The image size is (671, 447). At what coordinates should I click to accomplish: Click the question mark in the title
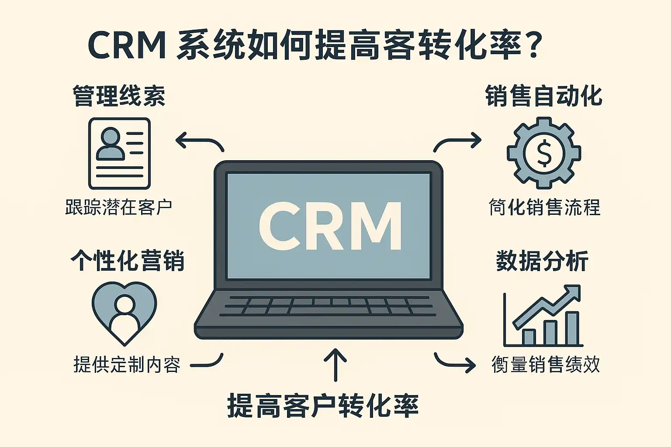click(x=532, y=46)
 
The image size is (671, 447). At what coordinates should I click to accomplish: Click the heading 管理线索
click(x=119, y=96)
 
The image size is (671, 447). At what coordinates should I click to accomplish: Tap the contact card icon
click(x=119, y=153)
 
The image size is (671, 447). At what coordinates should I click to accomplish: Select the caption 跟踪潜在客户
click(x=118, y=207)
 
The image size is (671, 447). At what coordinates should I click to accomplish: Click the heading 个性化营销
click(x=127, y=261)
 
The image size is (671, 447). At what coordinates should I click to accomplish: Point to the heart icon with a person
click(x=124, y=312)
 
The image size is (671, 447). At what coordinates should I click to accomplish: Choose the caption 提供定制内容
click(x=127, y=364)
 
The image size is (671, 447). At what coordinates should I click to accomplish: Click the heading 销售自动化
click(x=544, y=96)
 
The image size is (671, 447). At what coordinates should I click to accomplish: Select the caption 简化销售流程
click(x=544, y=207)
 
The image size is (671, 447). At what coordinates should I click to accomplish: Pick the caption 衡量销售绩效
click(x=546, y=364)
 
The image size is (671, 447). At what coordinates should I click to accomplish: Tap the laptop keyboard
click(x=329, y=306)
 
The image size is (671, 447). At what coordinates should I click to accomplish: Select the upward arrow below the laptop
click(x=335, y=364)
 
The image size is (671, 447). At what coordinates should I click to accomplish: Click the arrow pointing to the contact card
click(x=199, y=142)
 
